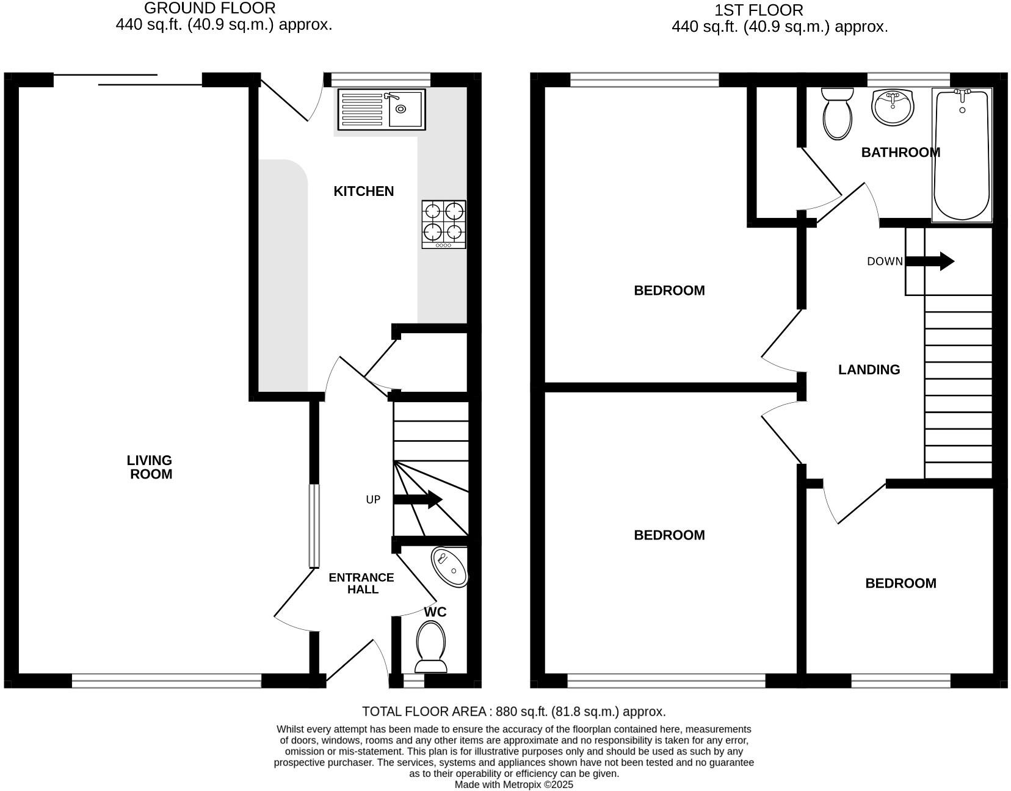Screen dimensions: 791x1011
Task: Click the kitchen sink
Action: [x=381, y=110]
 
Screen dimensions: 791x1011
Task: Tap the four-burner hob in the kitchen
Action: [x=444, y=224]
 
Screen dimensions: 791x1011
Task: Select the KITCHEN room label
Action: [x=363, y=192]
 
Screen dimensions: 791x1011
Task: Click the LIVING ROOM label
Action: [x=150, y=468]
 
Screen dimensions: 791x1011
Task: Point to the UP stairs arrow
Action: [x=418, y=499]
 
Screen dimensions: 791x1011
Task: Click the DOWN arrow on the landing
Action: [x=930, y=261]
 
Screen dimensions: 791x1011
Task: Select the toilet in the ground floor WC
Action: [x=431, y=646]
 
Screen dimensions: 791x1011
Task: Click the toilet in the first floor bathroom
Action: [x=838, y=114]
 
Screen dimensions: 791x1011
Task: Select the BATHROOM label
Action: [x=900, y=153]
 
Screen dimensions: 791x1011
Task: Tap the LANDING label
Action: [x=869, y=370]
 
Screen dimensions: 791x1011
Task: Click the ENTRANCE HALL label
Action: [x=361, y=583]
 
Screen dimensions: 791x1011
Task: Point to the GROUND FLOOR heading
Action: [x=209, y=9]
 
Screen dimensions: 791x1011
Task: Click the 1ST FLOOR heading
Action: [x=759, y=10]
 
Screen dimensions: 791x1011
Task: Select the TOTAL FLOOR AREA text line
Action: [x=513, y=712]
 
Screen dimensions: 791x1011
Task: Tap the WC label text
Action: [x=435, y=612]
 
